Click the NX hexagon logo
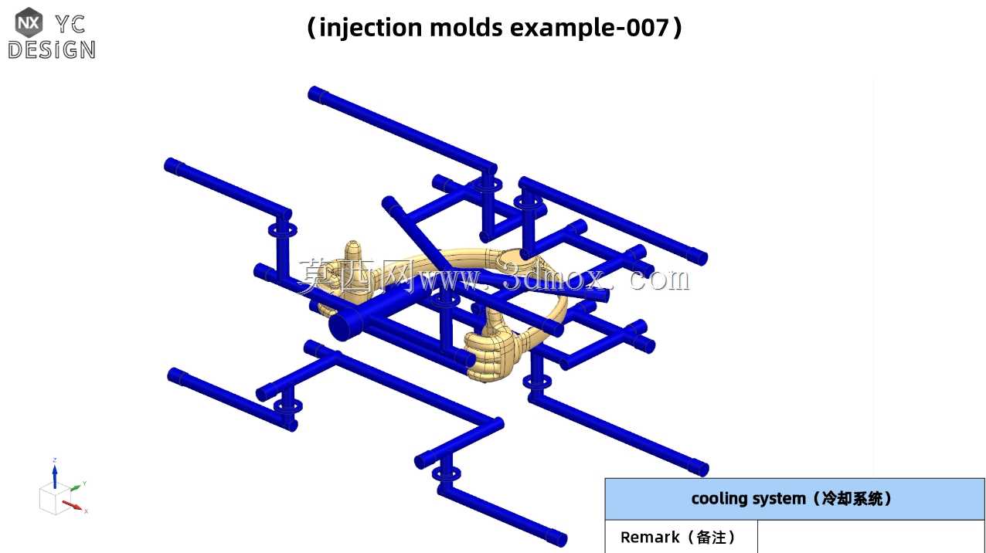click(29, 22)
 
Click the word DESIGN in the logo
click(52, 49)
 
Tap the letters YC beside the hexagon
click(70, 24)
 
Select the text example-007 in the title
click(590, 28)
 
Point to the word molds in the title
click(466, 28)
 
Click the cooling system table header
click(795, 499)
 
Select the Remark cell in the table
click(682, 537)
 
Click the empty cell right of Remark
click(872, 537)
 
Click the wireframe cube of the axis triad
click(55, 498)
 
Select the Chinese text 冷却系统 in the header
click(852, 499)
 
